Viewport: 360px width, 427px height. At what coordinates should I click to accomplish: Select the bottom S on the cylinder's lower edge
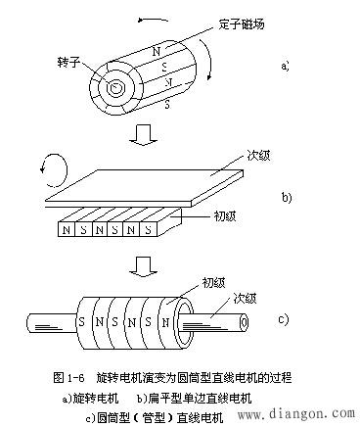point(166,101)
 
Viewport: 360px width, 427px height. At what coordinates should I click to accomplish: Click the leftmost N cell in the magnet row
point(66,231)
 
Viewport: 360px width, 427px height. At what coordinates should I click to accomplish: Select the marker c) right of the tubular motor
point(285,318)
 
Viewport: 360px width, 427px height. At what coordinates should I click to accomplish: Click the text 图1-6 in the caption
point(69,376)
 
